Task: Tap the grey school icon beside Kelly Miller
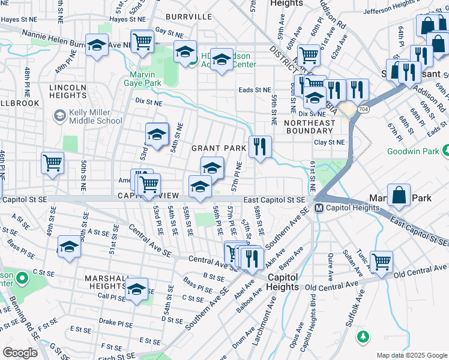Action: (x=59, y=115)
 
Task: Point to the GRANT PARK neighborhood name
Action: (x=218, y=148)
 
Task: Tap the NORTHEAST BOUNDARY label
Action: (x=309, y=127)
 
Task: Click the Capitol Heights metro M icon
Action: (x=319, y=208)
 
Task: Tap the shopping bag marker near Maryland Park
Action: (x=399, y=194)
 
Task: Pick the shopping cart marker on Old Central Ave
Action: (x=381, y=261)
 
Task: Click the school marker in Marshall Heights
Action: (x=136, y=289)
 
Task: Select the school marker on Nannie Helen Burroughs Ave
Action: (x=97, y=45)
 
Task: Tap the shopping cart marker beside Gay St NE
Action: (x=142, y=41)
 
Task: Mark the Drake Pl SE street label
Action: (x=116, y=322)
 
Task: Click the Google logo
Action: (x=20, y=353)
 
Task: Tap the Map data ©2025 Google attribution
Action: (x=411, y=355)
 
